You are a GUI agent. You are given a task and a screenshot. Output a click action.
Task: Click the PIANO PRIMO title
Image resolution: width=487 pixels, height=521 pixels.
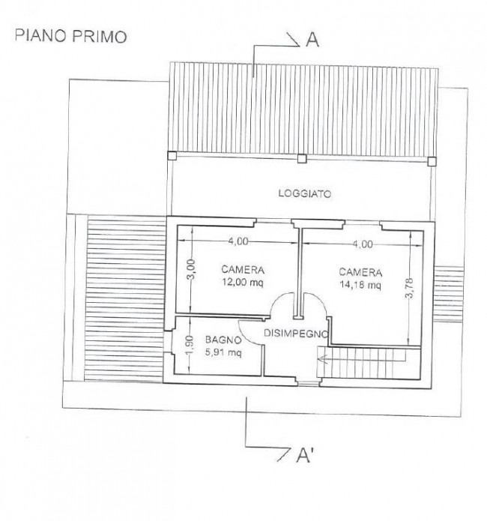(70, 36)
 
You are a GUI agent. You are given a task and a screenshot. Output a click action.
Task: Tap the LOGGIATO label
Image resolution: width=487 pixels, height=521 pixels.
(305, 193)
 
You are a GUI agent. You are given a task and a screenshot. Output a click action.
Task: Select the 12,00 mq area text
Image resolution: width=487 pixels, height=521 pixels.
(243, 283)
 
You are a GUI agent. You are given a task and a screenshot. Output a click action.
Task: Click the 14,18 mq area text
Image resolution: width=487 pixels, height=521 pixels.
(360, 285)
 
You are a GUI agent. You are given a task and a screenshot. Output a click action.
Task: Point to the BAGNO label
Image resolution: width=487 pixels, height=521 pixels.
(223, 340)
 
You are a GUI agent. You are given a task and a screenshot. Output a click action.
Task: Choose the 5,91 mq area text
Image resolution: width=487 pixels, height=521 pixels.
(223, 352)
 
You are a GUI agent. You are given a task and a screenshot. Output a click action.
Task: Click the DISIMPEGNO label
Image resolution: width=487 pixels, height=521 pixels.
(296, 333)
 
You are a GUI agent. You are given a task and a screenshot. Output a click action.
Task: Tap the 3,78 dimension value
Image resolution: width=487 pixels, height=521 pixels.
(410, 288)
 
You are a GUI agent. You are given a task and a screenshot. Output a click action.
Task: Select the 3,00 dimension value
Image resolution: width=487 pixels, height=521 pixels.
(192, 269)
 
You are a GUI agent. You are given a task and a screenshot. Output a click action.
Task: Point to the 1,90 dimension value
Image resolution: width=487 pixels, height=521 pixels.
(190, 346)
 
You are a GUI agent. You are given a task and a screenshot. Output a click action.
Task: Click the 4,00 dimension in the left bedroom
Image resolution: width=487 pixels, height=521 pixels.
(238, 241)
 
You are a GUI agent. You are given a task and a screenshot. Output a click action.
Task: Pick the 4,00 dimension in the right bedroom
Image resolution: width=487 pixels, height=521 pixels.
(362, 244)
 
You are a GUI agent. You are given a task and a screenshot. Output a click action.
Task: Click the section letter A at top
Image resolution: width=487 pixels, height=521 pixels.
(312, 40)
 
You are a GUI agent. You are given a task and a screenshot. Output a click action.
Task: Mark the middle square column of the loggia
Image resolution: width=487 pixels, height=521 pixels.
(301, 158)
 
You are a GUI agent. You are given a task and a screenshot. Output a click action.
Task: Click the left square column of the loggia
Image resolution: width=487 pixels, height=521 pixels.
(172, 155)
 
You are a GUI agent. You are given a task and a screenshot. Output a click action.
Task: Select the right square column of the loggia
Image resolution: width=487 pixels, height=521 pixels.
(432, 161)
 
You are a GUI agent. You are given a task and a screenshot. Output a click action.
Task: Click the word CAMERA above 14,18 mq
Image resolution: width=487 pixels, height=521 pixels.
(360, 272)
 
